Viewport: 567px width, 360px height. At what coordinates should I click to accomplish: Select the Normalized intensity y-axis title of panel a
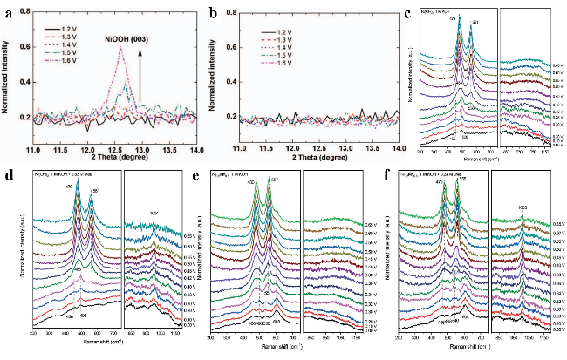click(x=8, y=78)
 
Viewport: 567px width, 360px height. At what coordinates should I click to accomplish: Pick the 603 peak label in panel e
click(x=276, y=321)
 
